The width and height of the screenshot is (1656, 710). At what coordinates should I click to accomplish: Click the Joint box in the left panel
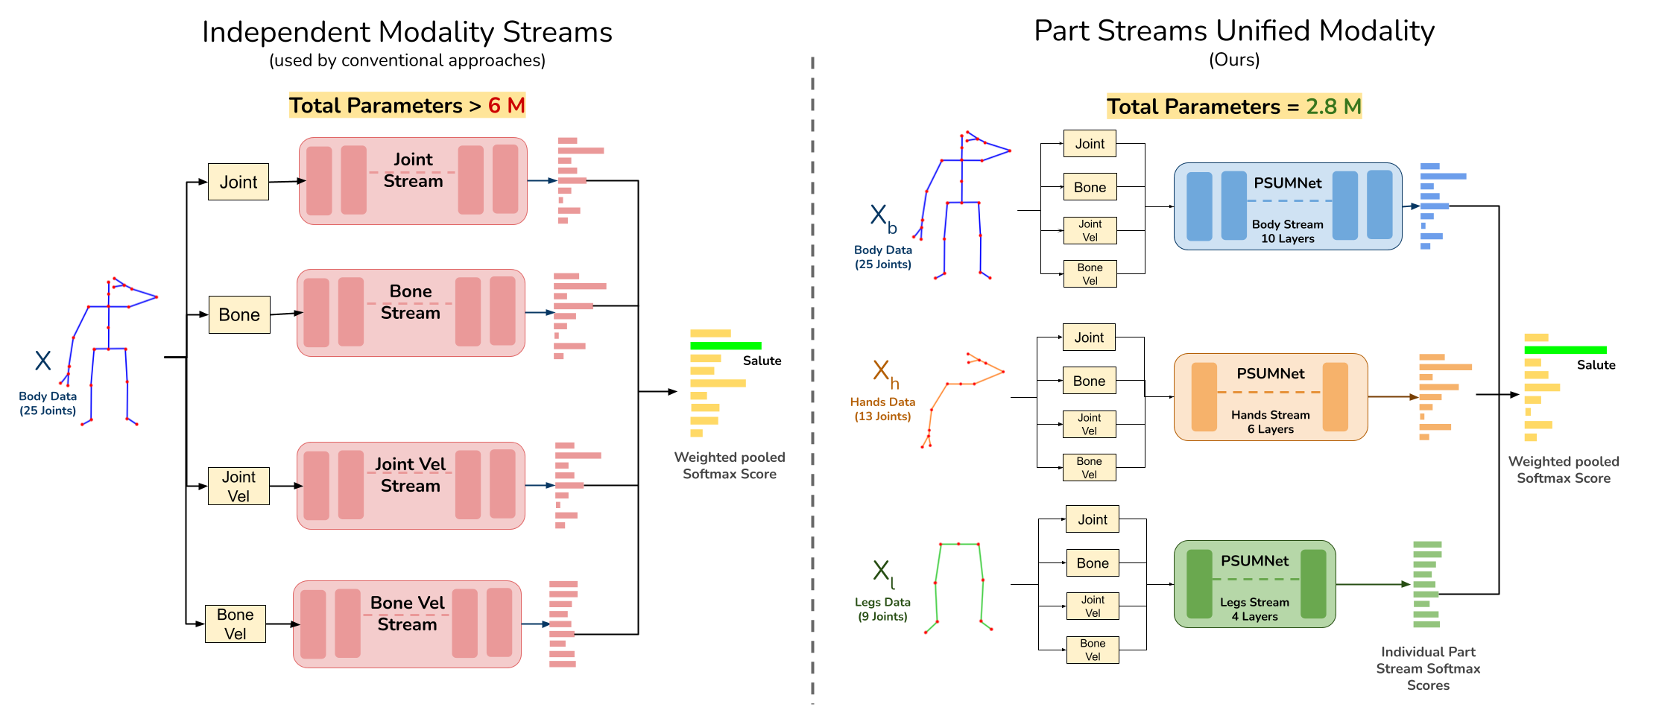click(x=238, y=182)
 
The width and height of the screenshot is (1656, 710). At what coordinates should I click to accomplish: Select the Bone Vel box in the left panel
click(x=235, y=624)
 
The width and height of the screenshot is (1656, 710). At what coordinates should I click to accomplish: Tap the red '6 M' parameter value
click(x=506, y=106)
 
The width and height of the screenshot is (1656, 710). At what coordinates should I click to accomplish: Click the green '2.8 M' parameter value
click(x=1333, y=107)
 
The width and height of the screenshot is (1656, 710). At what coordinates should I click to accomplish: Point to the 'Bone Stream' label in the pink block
click(x=410, y=302)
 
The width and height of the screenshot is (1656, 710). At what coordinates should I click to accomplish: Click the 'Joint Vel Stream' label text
click(x=410, y=475)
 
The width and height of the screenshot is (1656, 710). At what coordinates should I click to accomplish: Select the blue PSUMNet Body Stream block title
click(x=1287, y=183)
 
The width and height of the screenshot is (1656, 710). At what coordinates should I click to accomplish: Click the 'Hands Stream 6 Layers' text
click(x=1270, y=422)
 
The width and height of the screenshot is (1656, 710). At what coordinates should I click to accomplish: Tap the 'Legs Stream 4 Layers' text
click(x=1254, y=609)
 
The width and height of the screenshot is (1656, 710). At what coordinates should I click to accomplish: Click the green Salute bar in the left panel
click(x=725, y=346)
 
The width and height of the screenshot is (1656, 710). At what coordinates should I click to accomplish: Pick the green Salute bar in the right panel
click(x=1564, y=350)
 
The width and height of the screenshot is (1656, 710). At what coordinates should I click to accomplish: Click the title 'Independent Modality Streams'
click(x=407, y=32)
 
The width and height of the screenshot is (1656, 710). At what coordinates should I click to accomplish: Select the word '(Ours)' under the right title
click(x=1234, y=60)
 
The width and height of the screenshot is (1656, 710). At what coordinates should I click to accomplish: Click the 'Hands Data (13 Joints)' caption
click(x=882, y=408)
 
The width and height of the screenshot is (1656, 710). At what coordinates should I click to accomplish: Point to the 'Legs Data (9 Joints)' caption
click(x=882, y=609)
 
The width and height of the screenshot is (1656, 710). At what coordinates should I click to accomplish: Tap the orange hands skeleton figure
click(x=961, y=395)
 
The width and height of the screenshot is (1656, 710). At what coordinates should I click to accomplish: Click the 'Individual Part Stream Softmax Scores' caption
click(x=1427, y=668)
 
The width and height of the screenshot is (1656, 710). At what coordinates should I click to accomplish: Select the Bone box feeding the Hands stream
click(x=1089, y=381)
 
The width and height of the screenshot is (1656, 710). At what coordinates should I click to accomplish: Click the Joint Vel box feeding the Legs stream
click(x=1092, y=606)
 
